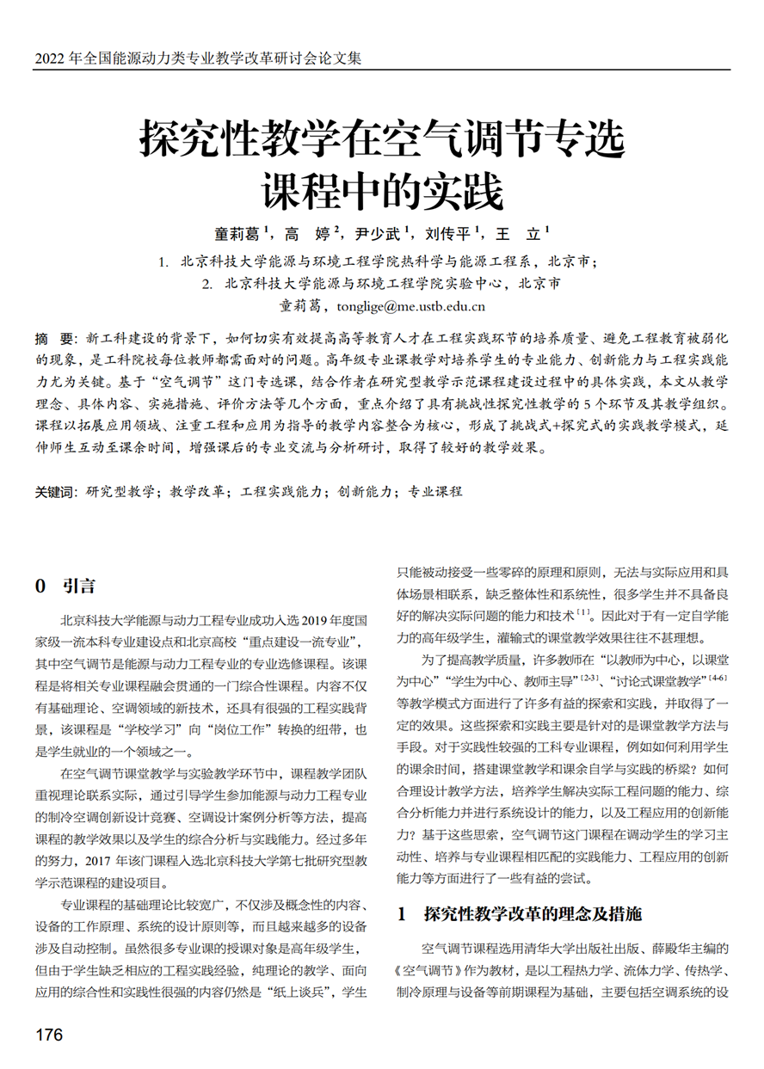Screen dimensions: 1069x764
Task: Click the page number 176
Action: [x=49, y=1035]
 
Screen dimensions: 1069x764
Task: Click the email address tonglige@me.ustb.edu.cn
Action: [x=411, y=305]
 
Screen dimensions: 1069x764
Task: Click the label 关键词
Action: [x=54, y=492]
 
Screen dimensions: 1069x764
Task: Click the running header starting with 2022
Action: [x=198, y=58]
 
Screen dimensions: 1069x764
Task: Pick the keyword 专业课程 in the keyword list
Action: [x=434, y=492]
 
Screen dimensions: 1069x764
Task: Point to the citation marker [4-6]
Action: [x=716, y=679]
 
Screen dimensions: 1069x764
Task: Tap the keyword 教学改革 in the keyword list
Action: [x=198, y=492]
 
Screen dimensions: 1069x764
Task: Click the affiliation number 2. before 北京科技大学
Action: [x=206, y=283]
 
